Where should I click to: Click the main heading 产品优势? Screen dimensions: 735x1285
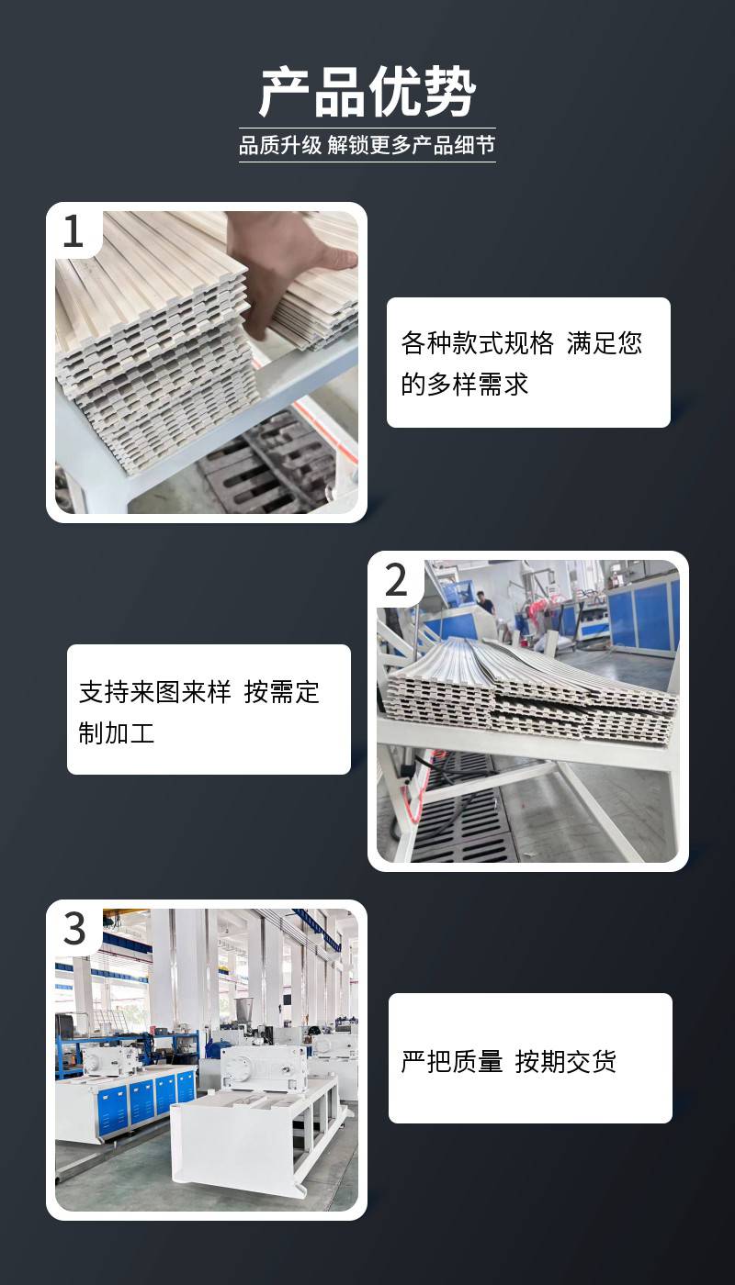pyautogui.click(x=367, y=92)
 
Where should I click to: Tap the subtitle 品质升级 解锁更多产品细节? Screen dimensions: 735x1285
pyautogui.click(x=367, y=145)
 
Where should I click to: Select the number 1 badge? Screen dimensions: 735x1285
pyautogui.click(x=73, y=231)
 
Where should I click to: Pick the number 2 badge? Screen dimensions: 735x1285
pyautogui.click(x=396, y=580)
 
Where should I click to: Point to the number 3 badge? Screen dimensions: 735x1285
pyautogui.click(x=74, y=929)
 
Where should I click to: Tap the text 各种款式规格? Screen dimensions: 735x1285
pyautogui.click(x=477, y=343)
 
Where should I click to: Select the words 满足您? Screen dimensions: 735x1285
pyautogui.click(x=605, y=343)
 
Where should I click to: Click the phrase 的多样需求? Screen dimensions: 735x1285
pyautogui.click(x=464, y=384)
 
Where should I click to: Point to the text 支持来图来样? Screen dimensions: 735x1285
pyautogui.click(x=155, y=692)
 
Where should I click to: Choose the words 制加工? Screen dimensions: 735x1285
pyautogui.click(x=117, y=733)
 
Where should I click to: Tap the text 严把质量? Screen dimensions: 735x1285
pyautogui.click(x=452, y=1061)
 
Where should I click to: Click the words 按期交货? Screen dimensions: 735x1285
pyautogui.click(x=566, y=1061)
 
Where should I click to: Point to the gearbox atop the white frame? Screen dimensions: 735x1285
pyautogui.click(x=266, y=1066)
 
